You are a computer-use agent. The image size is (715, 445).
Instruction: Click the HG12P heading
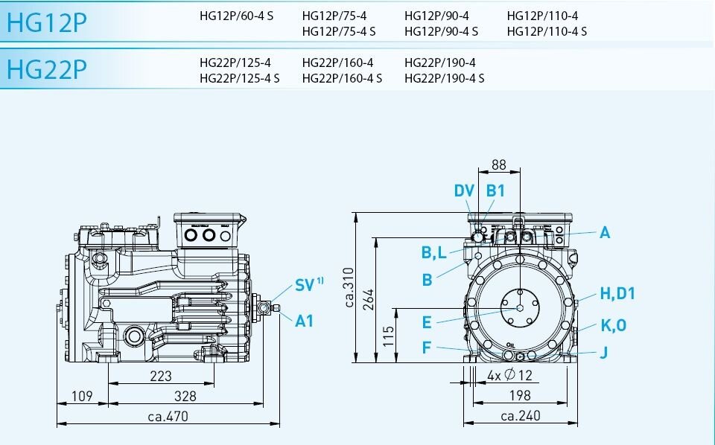(46, 22)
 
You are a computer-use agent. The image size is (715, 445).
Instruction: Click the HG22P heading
(46, 68)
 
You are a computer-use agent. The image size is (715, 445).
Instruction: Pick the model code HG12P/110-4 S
(547, 31)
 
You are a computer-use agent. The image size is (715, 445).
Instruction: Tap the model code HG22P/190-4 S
(445, 78)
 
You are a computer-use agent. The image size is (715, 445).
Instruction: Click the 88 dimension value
(498, 164)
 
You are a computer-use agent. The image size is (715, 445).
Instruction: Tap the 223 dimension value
(160, 376)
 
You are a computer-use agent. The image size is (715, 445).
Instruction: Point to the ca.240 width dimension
(520, 416)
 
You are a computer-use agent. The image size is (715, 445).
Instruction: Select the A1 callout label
(305, 321)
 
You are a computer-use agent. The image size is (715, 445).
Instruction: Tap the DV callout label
(464, 191)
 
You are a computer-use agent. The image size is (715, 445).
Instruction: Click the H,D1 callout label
(617, 293)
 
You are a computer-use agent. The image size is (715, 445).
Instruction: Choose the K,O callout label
(614, 325)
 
